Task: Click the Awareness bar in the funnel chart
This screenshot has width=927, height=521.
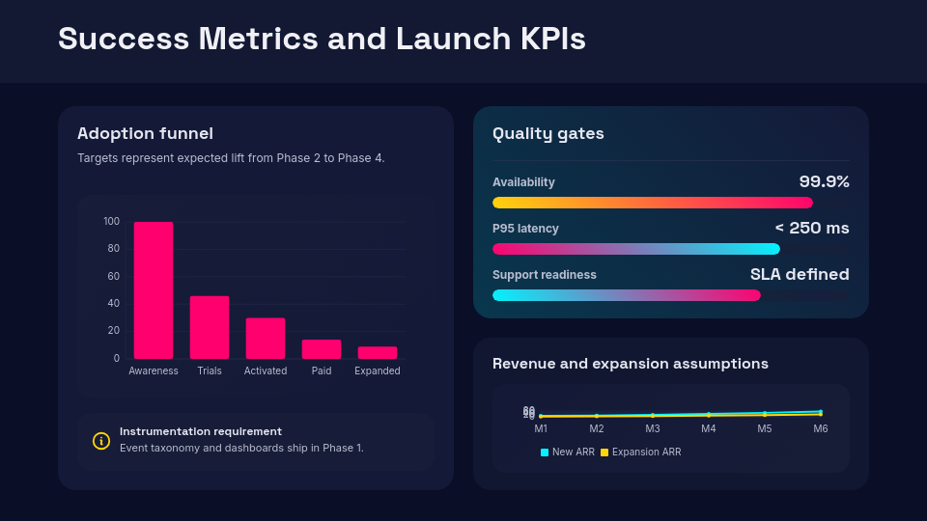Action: [154, 290]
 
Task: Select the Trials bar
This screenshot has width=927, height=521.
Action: [210, 327]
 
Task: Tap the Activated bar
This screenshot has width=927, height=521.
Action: [266, 338]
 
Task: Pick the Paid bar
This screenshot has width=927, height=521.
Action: [322, 349]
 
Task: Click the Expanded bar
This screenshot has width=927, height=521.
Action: [378, 352]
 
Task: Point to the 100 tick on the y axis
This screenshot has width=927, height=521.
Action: [112, 222]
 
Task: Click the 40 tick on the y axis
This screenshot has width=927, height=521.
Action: [114, 304]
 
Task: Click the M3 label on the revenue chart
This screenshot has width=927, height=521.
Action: [653, 428]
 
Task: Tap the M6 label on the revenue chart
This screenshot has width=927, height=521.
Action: [821, 428]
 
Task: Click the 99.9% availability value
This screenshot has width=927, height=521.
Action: [824, 181]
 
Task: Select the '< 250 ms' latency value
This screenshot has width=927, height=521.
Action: [811, 228]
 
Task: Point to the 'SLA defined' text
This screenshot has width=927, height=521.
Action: [800, 274]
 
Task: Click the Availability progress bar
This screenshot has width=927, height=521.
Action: [653, 203]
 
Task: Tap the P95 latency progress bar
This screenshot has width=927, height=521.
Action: [636, 249]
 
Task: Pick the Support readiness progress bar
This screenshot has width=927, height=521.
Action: [627, 295]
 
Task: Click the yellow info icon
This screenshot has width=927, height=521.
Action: [101, 441]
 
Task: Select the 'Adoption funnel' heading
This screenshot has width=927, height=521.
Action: [145, 134]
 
